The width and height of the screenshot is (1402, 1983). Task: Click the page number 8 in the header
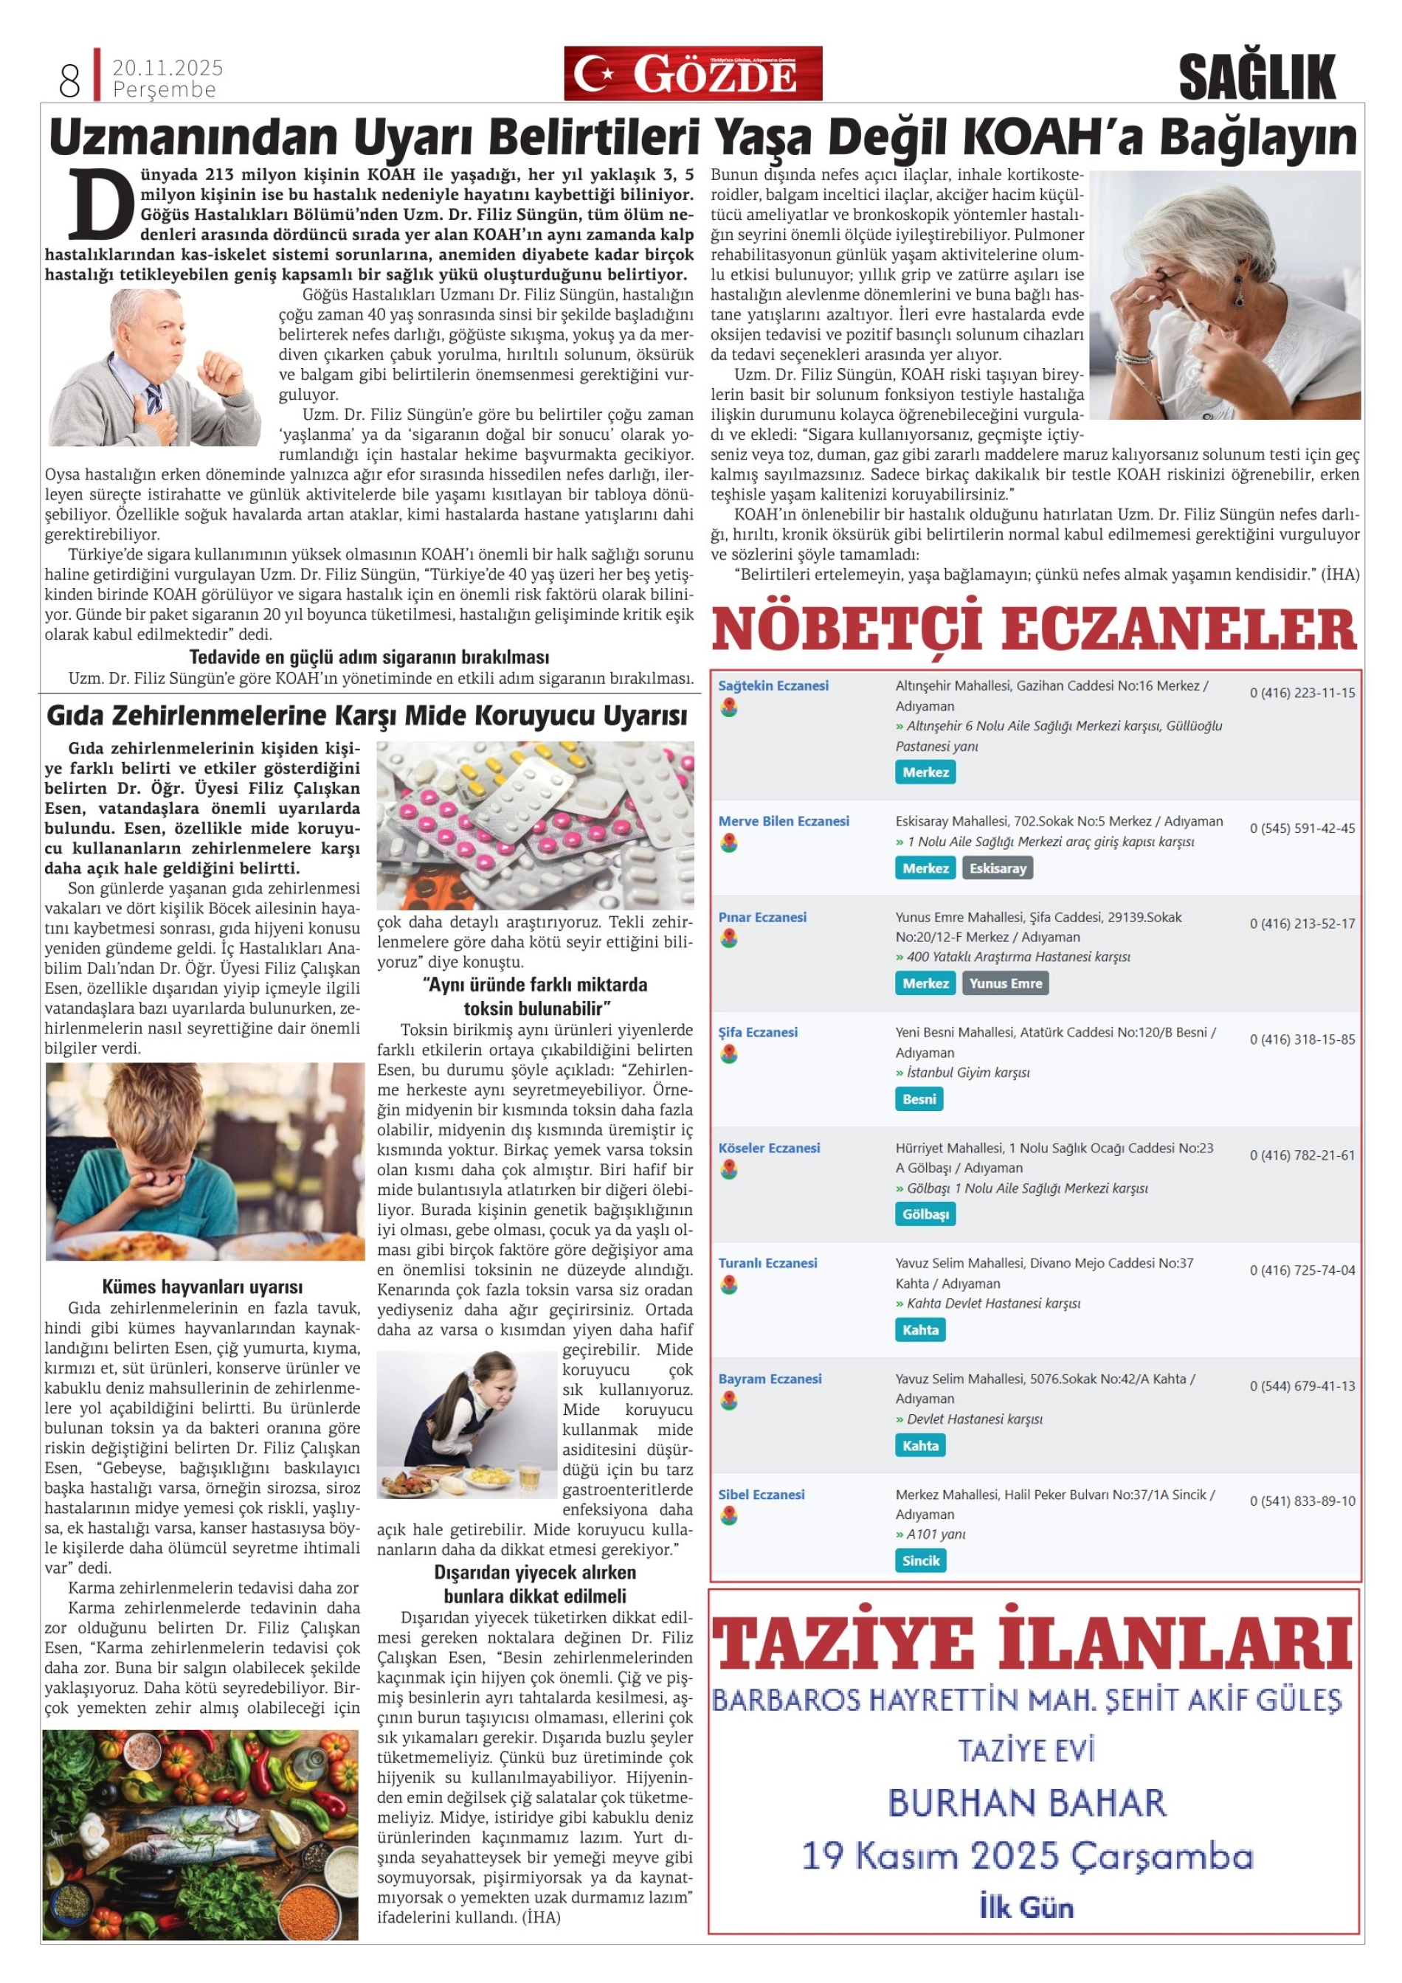[x=70, y=80]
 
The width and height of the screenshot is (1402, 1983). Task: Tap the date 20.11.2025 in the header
[x=168, y=67]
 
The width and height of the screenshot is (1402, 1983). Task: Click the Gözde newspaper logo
[x=693, y=74]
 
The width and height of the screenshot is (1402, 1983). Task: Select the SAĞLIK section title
[x=1257, y=77]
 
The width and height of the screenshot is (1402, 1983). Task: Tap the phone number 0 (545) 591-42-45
[x=1302, y=828]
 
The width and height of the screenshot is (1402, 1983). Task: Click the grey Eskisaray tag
[x=998, y=868]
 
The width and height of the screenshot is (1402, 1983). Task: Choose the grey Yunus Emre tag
[x=1006, y=983]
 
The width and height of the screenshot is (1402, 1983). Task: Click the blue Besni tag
[x=919, y=1098]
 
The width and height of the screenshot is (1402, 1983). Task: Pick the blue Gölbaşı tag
[x=925, y=1214]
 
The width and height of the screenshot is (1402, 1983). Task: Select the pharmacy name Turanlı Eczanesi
[x=768, y=1263]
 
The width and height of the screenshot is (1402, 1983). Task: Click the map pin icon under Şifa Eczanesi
[x=729, y=1053]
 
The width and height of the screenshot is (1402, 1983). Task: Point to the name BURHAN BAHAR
[x=1027, y=1803]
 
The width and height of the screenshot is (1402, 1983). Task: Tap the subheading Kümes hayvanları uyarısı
[x=202, y=1287]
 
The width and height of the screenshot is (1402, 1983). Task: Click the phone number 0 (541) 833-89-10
[x=1302, y=1501]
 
